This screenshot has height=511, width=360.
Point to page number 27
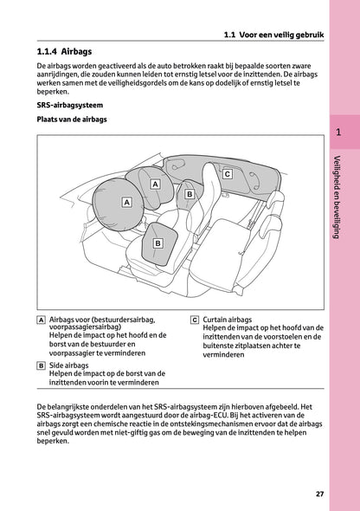pyautogui.click(x=319, y=494)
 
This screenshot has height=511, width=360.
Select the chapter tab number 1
pyautogui.click(x=338, y=133)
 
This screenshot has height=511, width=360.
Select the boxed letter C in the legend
pyautogui.click(x=195, y=320)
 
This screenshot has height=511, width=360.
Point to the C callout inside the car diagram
pyautogui.click(x=227, y=174)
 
